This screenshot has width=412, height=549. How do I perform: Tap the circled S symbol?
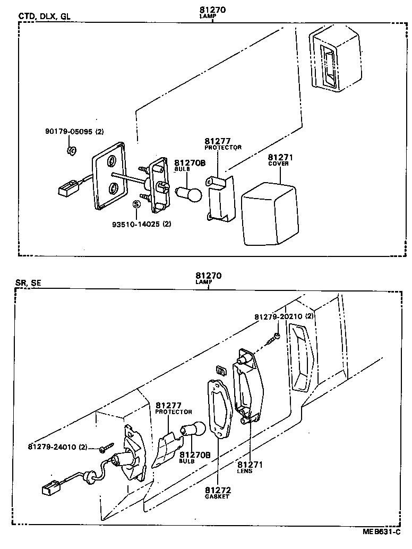click(136, 203)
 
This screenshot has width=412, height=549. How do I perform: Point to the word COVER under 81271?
click(279, 164)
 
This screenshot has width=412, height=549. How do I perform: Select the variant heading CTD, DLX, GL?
click(44, 16)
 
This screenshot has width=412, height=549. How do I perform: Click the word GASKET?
click(217, 497)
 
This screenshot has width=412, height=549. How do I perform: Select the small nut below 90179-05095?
click(72, 151)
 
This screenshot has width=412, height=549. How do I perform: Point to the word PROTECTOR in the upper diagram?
click(223, 147)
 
